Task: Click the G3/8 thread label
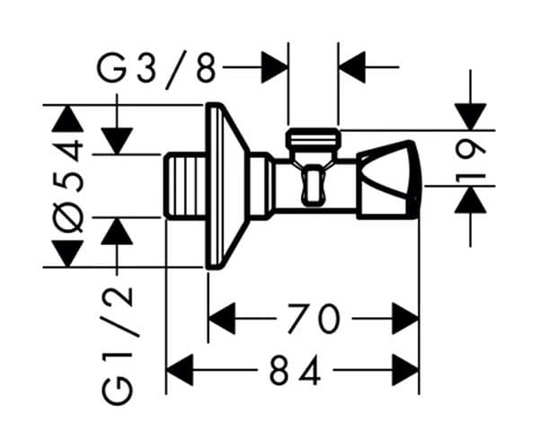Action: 156,70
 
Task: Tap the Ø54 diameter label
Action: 68,186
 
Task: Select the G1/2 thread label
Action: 117,346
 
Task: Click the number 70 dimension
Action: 314,319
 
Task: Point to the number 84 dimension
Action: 295,370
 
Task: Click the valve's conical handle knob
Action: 388,180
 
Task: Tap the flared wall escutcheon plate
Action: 227,186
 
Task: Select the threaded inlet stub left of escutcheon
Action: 184,186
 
